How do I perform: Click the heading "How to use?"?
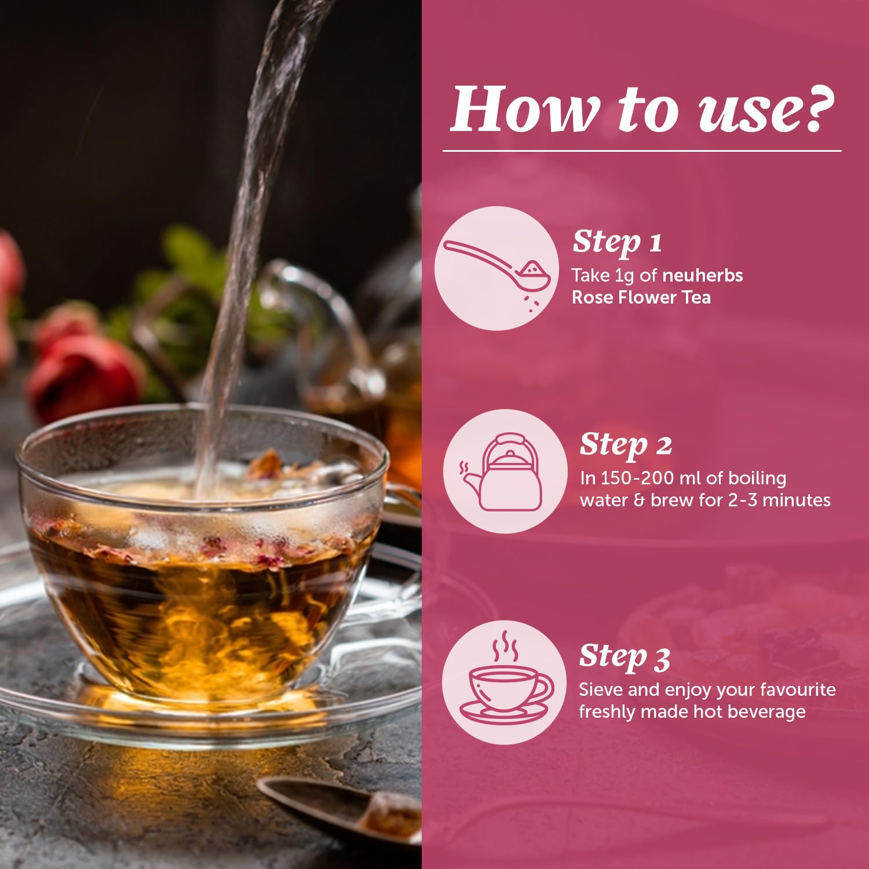(643, 109)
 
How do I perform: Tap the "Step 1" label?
(617, 242)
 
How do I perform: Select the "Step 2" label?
(626, 445)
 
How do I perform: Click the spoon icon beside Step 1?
(497, 268)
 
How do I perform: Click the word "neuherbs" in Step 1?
(703, 275)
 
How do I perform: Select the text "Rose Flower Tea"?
(641, 297)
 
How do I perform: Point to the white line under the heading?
(642, 151)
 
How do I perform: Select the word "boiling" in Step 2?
(757, 479)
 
